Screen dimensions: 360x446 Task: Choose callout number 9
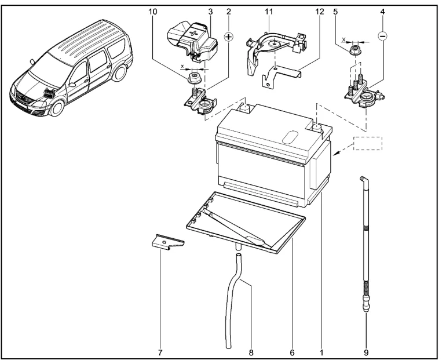(366, 351)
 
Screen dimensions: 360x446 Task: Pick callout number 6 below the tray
(293, 351)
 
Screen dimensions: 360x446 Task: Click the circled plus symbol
(229, 37)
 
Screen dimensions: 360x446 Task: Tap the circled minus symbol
(382, 36)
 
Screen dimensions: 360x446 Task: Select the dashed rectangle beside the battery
(368, 143)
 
